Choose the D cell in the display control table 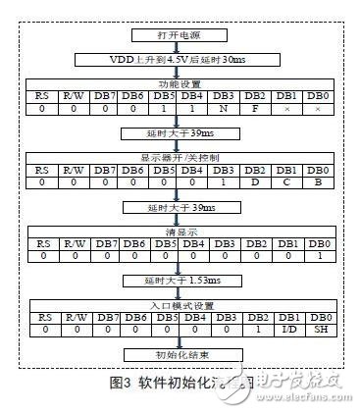(257, 181)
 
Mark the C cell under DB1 (286, 181)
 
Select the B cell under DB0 (316, 181)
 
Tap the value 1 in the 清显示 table (316, 256)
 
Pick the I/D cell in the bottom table (286, 331)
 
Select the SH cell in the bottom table (316, 331)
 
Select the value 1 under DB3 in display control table (225, 181)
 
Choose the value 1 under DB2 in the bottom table (257, 331)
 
